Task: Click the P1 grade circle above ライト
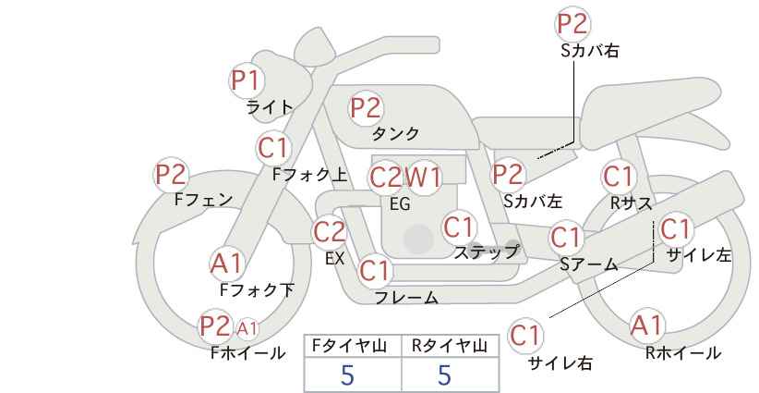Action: tap(247, 80)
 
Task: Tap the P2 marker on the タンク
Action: tap(366, 107)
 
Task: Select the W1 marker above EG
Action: tap(423, 178)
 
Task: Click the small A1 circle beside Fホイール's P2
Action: tap(247, 329)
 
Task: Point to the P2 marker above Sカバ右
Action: tap(572, 24)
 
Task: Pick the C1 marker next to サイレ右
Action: tap(525, 336)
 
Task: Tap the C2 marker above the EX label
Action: tap(331, 233)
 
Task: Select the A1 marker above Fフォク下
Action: tap(227, 264)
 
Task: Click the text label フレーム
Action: tap(406, 298)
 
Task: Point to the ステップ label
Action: tap(486, 252)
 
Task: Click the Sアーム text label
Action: tap(589, 264)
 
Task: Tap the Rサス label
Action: tap(632, 203)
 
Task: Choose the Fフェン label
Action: tap(204, 200)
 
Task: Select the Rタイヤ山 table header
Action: tap(450, 346)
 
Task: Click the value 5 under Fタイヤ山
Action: tap(347, 375)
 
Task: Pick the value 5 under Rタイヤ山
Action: tap(444, 375)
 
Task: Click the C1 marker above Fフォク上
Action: tap(274, 149)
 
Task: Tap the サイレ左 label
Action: tap(699, 255)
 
